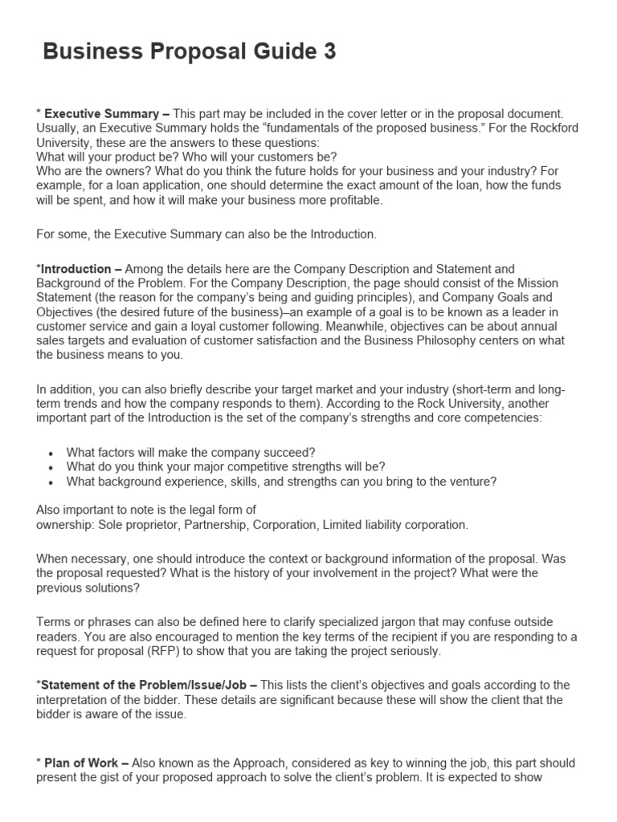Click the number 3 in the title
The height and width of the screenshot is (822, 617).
coord(329,52)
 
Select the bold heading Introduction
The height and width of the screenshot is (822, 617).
coord(76,269)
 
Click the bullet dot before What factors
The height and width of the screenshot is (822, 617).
coord(51,452)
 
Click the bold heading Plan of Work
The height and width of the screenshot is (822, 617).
coord(82,763)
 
